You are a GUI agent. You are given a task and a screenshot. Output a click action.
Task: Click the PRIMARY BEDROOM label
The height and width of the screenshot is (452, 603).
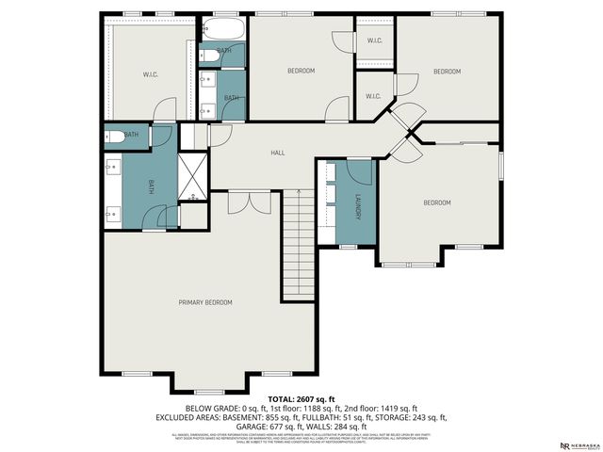[205, 302]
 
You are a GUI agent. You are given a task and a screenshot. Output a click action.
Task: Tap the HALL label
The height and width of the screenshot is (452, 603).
[278, 153]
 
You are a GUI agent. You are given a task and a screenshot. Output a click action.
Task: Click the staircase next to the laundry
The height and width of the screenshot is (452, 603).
[298, 242]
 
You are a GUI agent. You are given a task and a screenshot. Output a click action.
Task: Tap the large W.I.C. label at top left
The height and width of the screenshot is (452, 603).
[149, 74]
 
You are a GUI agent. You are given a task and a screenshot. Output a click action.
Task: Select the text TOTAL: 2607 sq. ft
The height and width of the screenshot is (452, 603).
[301, 399]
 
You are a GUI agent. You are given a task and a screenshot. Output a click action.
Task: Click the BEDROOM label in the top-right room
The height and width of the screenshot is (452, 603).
[447, 72]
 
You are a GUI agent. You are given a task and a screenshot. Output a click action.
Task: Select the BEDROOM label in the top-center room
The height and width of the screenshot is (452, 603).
[301, 71]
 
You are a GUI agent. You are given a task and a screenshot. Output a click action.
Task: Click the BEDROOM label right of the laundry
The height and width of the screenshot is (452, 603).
[436, 202]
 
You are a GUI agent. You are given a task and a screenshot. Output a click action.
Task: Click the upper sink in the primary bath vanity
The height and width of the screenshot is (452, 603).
[111, 170]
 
